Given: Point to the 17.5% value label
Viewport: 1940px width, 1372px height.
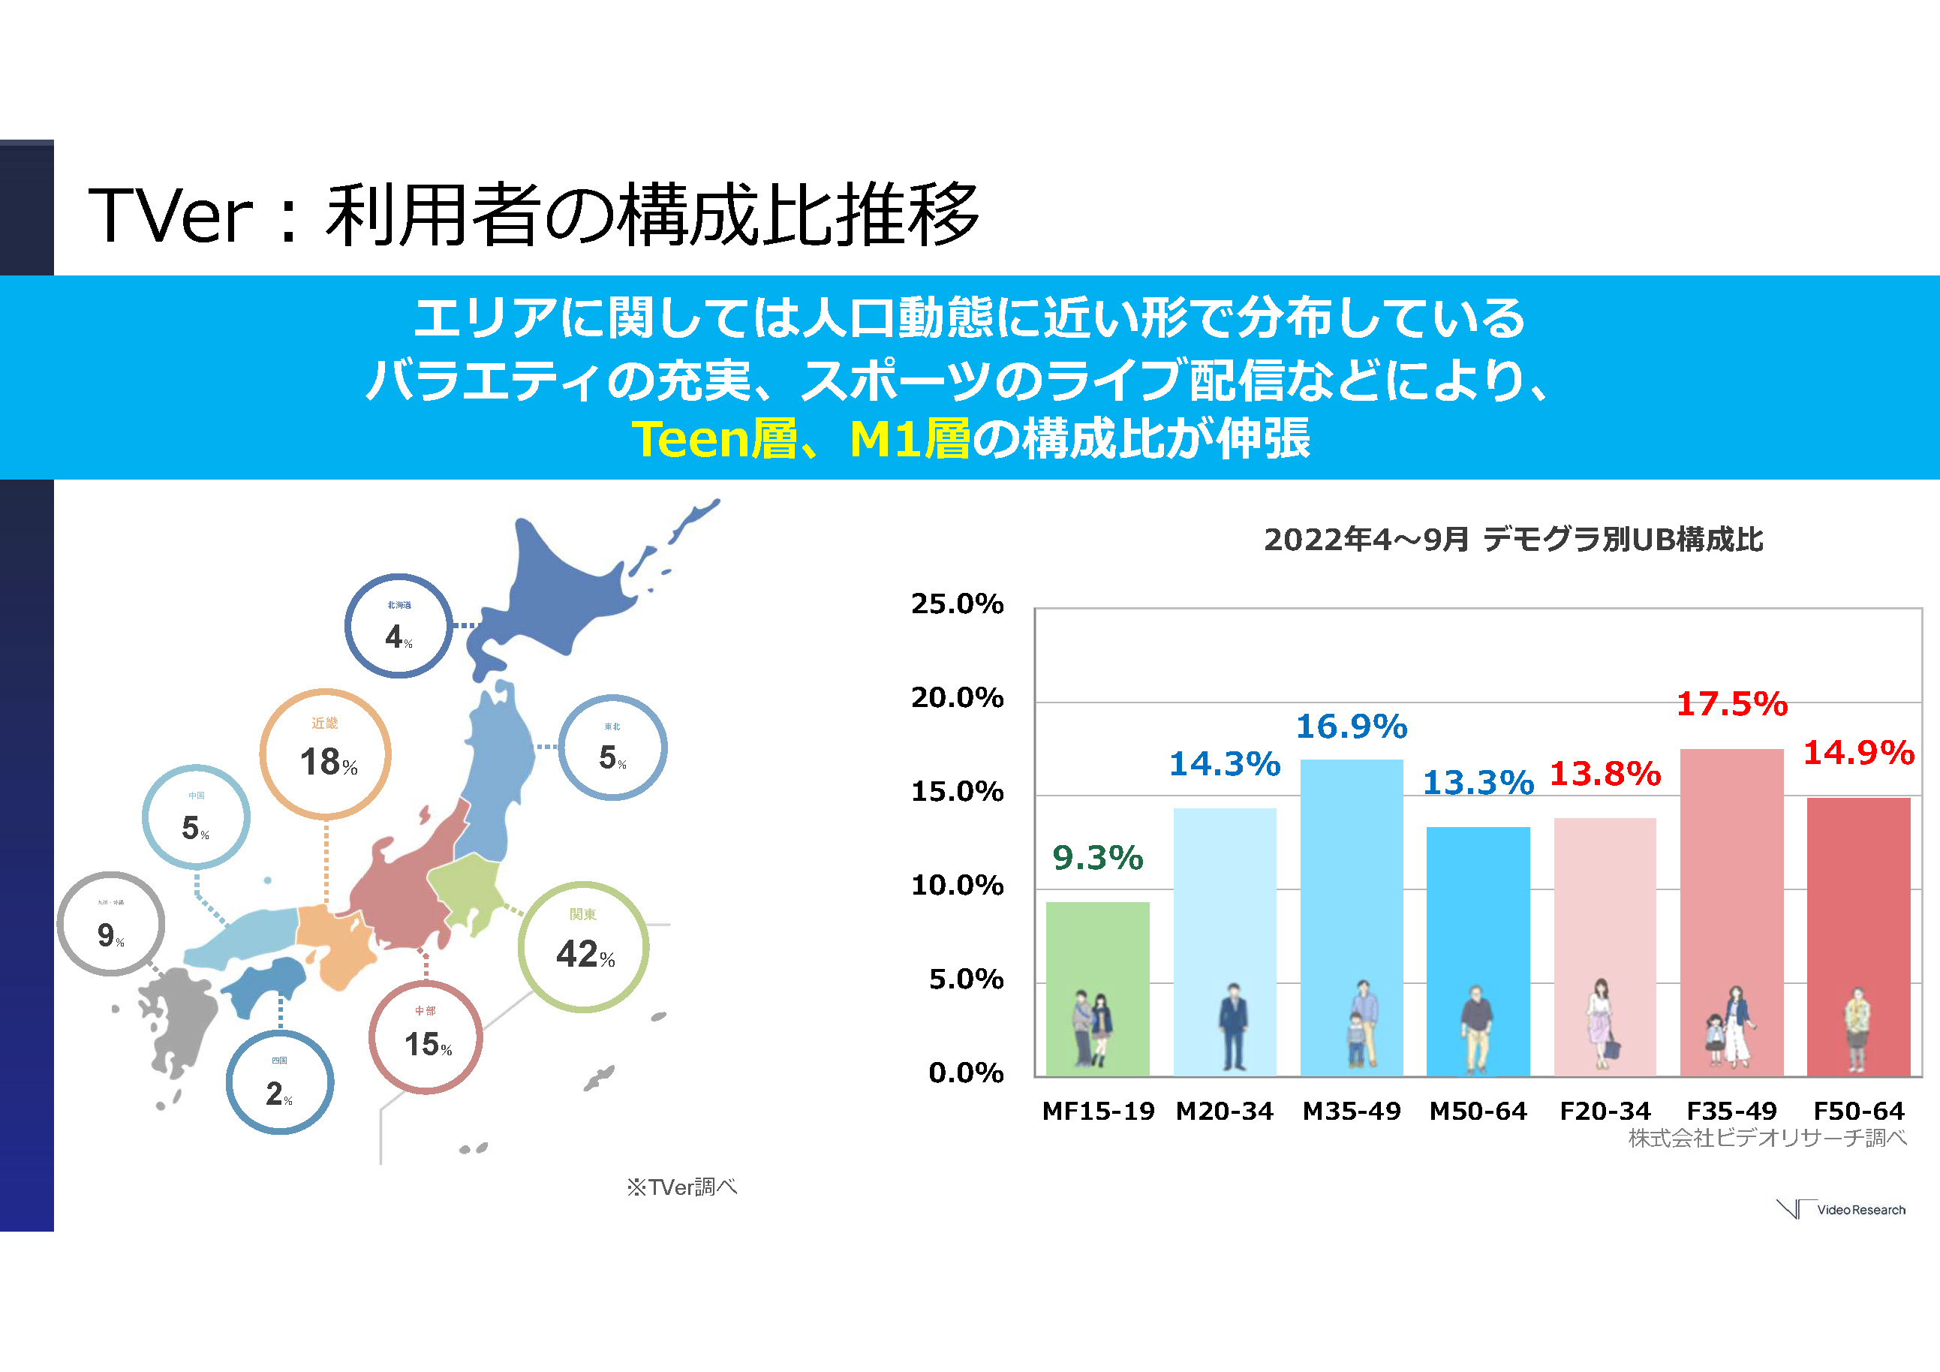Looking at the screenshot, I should (1731, 704).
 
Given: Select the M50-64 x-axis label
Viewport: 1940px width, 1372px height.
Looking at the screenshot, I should (1478, 1111).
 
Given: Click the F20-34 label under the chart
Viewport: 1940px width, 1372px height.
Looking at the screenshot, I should (1605, 1111).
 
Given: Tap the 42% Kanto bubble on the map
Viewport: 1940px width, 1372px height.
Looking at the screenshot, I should (583, 946).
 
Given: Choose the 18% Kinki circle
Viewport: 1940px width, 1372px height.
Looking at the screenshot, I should (325, 754).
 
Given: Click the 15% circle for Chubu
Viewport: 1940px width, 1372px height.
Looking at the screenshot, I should (426, 1037).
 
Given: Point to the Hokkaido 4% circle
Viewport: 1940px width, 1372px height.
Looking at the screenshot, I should (399, 626).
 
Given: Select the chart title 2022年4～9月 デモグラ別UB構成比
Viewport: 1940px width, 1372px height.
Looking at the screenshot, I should (1512, 539).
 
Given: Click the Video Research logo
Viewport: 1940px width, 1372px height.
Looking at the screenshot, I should (1842, 1210).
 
